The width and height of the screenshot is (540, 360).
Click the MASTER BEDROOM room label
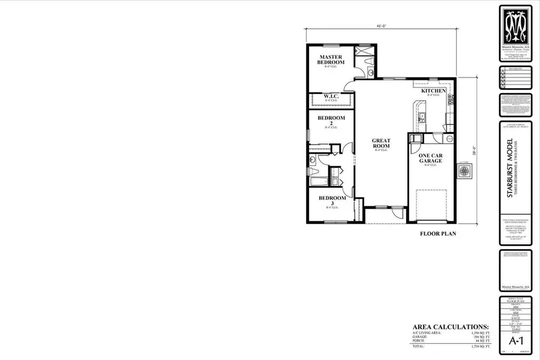pyautogui.click(x=331, y=59)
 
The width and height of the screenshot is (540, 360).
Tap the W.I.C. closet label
pyautogui.click(x=331, y=96)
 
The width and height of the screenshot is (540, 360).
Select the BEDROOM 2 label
pyautogui.click(x=331, y=121)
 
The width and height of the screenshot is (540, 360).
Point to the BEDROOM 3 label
pyautogui.click(x=332, y=201)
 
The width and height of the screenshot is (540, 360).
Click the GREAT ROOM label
pyautogui.click(x=381, y=143)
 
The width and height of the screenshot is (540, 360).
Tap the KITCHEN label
pyautogui.click(x=433, y=91)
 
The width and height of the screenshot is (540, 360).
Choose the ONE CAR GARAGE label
pyautogui.click(x=430, y=158)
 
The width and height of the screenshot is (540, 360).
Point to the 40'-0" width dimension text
pyautogui.click(x=380, y=27)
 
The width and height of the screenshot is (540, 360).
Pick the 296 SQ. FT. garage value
pyautogui.click(x=480, y=337)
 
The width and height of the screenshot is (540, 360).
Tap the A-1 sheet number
pyautogui.click(x=515, y=340)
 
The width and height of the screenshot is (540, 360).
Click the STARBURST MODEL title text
pyautogui.click(x=509, y=169)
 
